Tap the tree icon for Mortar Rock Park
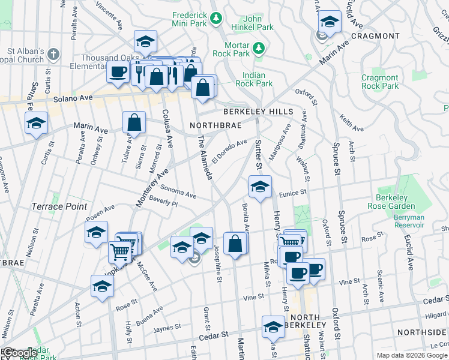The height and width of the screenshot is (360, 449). coord(259,47)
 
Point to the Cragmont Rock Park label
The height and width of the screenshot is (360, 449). coord(379,82)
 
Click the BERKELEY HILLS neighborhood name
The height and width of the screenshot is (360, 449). coord(258,112)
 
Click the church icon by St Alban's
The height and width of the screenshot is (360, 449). coord(53,54)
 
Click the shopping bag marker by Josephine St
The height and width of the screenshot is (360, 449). coord(235,244)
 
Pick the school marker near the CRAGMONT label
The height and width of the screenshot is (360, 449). coord(329,22)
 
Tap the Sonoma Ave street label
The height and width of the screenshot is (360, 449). coord(178,191)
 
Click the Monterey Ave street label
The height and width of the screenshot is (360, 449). coord(151,188)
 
